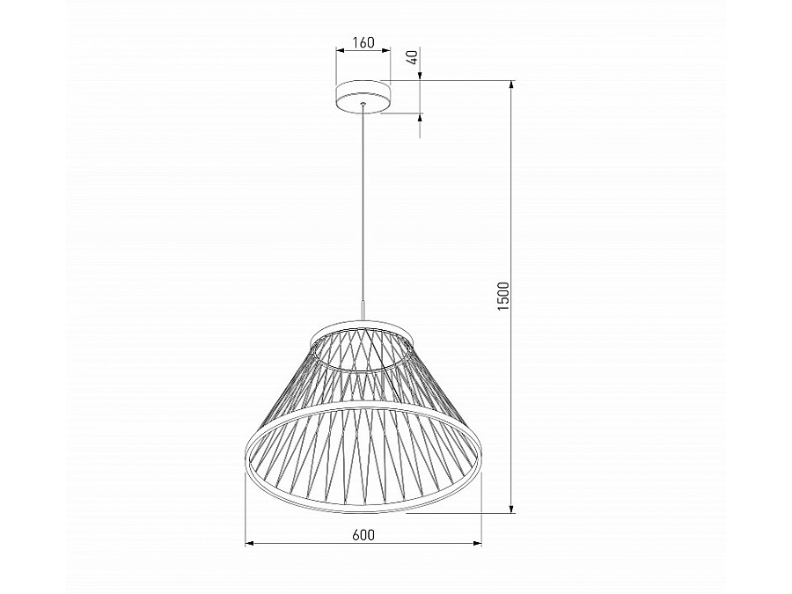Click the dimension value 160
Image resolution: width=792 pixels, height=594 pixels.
pyautogui.click(x=362, y=42)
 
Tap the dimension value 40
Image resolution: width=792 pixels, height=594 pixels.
pyautogui.click(x=412, y=61)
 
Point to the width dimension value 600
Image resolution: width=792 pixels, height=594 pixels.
pyautogui.click(x=363, y=534)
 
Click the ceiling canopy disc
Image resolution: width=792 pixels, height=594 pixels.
pyautogui.click(x=362, y=96)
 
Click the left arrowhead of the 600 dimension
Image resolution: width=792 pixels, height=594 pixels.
pyautogui.click(x=249, y=544)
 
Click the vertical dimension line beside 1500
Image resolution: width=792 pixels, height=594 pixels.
pyautogui.click(x=511, y=396)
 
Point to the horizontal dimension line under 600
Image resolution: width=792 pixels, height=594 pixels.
pyautogui.click(x=308, y=544)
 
